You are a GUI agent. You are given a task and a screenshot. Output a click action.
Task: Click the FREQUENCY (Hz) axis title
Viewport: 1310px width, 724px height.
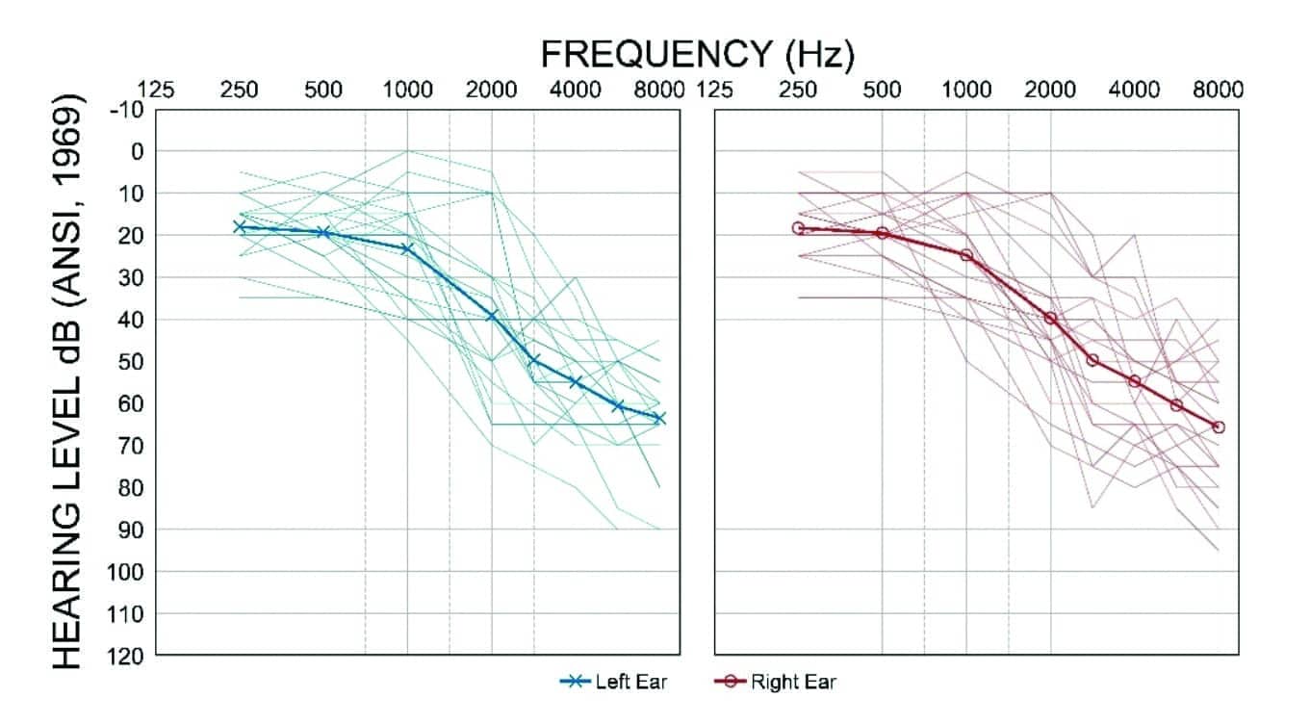(697, 54)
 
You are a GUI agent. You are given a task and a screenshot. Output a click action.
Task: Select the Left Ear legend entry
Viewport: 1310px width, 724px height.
(613, 683)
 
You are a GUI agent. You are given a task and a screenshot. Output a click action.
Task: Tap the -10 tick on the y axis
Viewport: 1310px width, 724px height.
(127, 110)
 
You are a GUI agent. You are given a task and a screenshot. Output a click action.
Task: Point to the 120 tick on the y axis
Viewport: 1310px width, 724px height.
(125, 656)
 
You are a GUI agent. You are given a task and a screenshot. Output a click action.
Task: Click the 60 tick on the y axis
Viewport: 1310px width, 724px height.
(129, 403)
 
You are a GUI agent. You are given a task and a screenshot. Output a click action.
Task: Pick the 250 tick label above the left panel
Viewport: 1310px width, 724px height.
(240, 90)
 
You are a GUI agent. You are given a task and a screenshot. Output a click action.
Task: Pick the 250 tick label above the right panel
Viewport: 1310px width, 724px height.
(798, 90)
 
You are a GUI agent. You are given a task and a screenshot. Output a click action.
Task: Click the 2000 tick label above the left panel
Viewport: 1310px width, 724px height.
(492, 90)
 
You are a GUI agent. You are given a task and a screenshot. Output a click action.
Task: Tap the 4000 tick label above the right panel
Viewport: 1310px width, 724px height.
(1134, 90)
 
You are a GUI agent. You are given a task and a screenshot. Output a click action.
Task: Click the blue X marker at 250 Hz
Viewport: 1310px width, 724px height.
(240, 227)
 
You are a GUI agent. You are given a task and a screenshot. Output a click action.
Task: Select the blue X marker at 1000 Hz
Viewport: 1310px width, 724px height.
(407, 249)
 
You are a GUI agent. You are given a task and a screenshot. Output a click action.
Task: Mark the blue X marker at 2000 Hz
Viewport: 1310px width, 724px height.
(492, 316)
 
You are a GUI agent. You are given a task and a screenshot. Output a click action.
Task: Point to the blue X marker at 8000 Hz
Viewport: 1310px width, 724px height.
(659, 418)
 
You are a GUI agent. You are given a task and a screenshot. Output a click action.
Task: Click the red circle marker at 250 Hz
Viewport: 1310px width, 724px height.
(798, 228)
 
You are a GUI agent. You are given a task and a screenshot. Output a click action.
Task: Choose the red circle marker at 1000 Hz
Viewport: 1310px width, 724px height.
(966, 255)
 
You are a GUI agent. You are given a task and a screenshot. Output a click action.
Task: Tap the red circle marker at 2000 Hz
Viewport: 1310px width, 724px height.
(1050, 318)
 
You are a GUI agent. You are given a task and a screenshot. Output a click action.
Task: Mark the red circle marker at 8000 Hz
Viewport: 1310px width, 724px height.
(1219, 427)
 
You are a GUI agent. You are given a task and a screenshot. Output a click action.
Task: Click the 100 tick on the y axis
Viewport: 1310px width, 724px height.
(125, 572)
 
